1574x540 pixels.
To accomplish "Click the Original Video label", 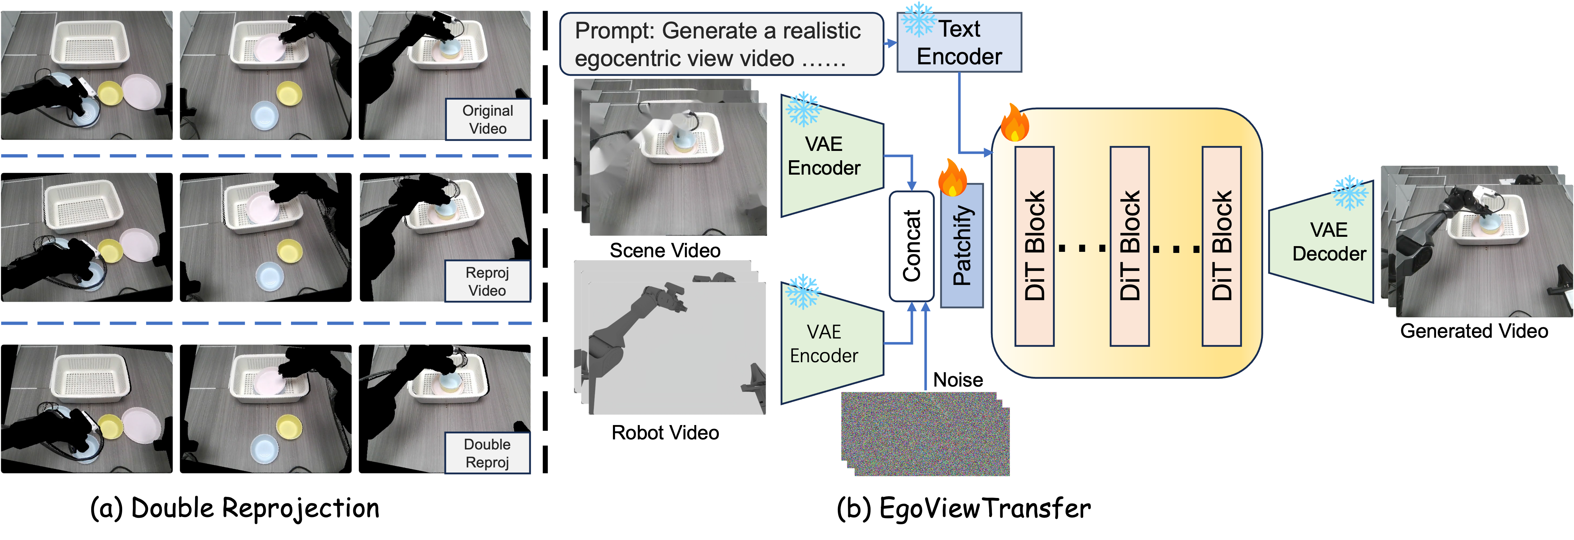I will click(488, 120).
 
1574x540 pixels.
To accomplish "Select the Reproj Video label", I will click(488, 282).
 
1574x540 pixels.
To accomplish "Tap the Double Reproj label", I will click(488, 453).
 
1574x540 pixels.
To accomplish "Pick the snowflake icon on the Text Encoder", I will click(918, 19).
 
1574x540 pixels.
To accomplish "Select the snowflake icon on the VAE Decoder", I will click(1350, 193).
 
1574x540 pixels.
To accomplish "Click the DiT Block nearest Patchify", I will click(1034, 246).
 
